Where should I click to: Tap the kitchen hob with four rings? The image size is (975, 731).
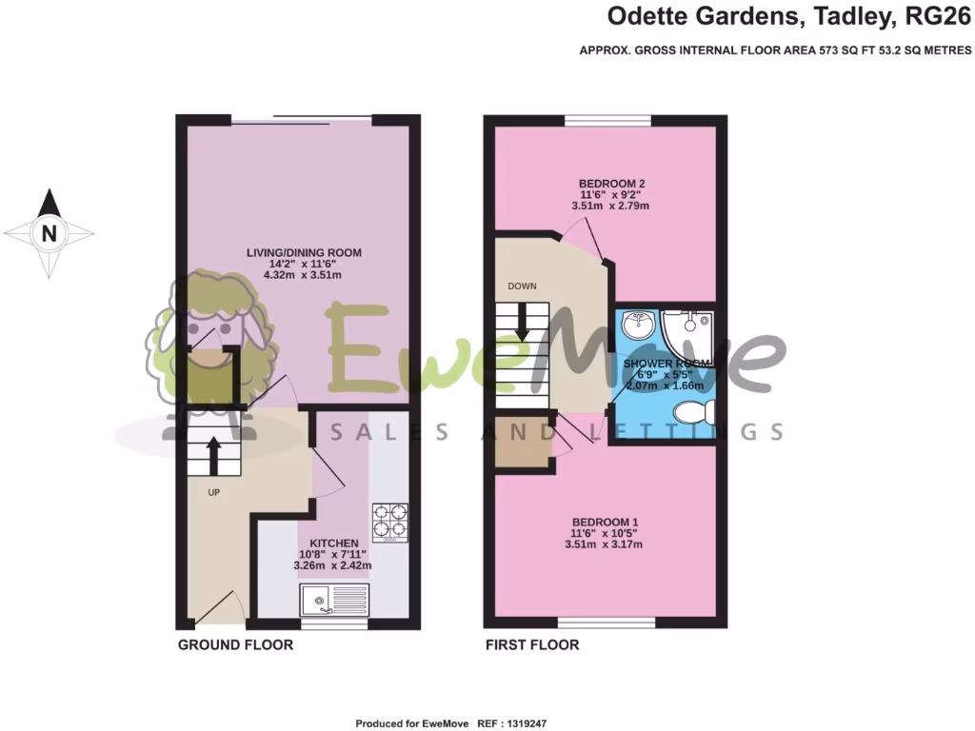point(389,522)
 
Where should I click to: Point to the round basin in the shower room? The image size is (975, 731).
point(635,326)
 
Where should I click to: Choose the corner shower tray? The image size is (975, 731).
point(688,328)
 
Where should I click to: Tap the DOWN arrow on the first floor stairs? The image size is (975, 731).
point(523,326)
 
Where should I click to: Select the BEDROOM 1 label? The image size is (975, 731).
point(605,522)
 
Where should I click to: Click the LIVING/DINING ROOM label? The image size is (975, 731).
point(304,252)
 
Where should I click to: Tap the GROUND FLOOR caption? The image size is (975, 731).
point(235,645)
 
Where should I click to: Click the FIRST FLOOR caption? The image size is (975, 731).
point(531,645)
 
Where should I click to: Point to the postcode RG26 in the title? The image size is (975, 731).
point(938,16)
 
